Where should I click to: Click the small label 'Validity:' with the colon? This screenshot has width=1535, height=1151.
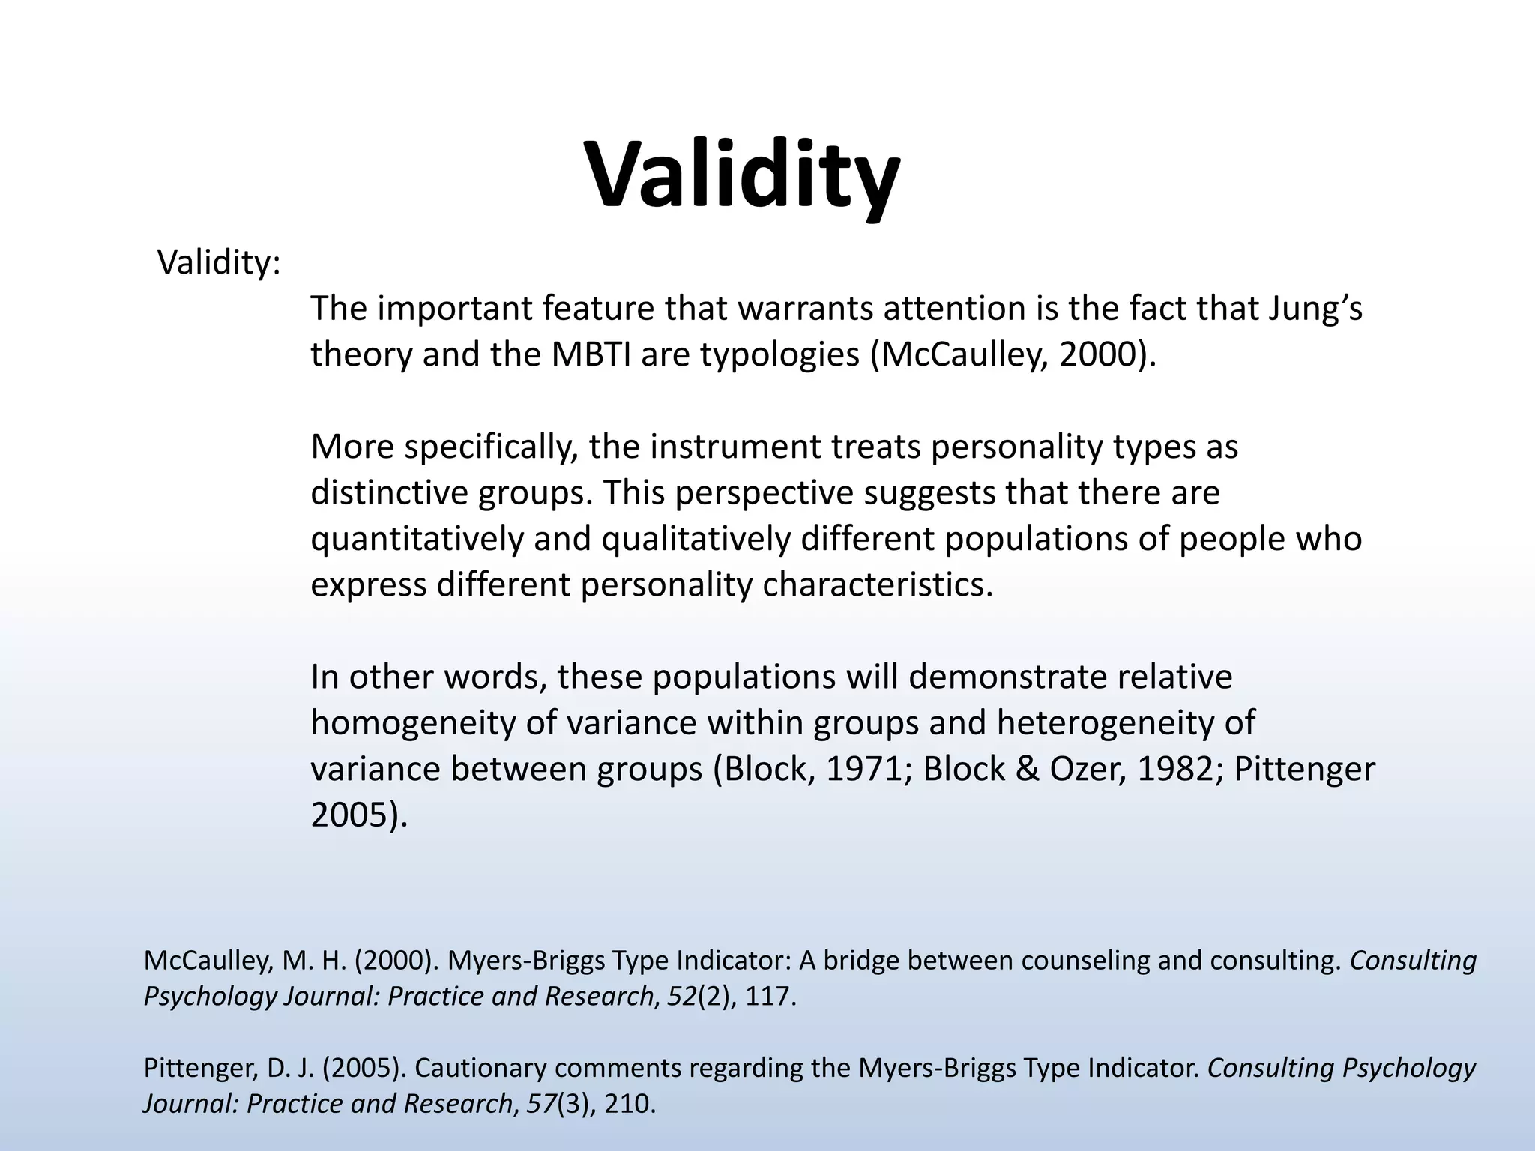219,263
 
